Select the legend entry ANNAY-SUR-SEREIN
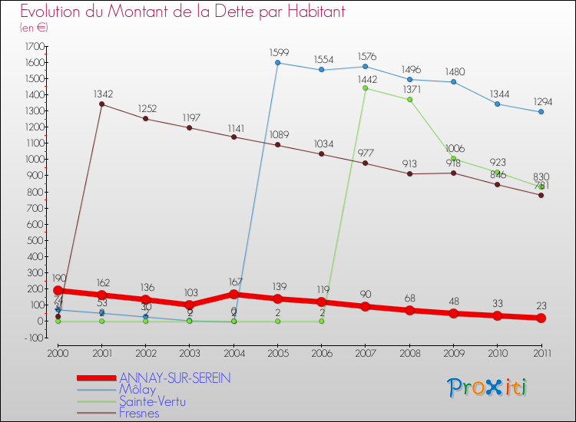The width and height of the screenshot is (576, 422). [x=175, y=377]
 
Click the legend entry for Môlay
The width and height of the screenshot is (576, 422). [x=138, y=389]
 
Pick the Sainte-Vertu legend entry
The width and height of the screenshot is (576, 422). [x=153, y=401]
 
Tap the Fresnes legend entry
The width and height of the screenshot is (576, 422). [x=141, y=412]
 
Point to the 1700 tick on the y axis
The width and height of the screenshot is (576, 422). [x=35, y=46]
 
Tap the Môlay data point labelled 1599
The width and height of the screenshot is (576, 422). [x=277, y=63]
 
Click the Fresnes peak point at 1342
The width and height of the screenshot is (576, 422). [x=101, y=104]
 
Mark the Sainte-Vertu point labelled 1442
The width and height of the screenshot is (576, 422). [x=366, y=88]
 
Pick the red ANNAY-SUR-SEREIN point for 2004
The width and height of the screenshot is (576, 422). [x=233, y=294]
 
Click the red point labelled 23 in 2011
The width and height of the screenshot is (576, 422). [x=541, y=318]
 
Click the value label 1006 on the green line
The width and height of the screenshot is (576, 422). [x=454, y=148]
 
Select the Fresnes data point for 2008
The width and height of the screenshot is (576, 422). [x=409, y=173]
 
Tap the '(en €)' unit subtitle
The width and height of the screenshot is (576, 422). [x=34, y=27]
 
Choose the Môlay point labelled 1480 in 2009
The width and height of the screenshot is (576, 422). [x=453, y=82]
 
